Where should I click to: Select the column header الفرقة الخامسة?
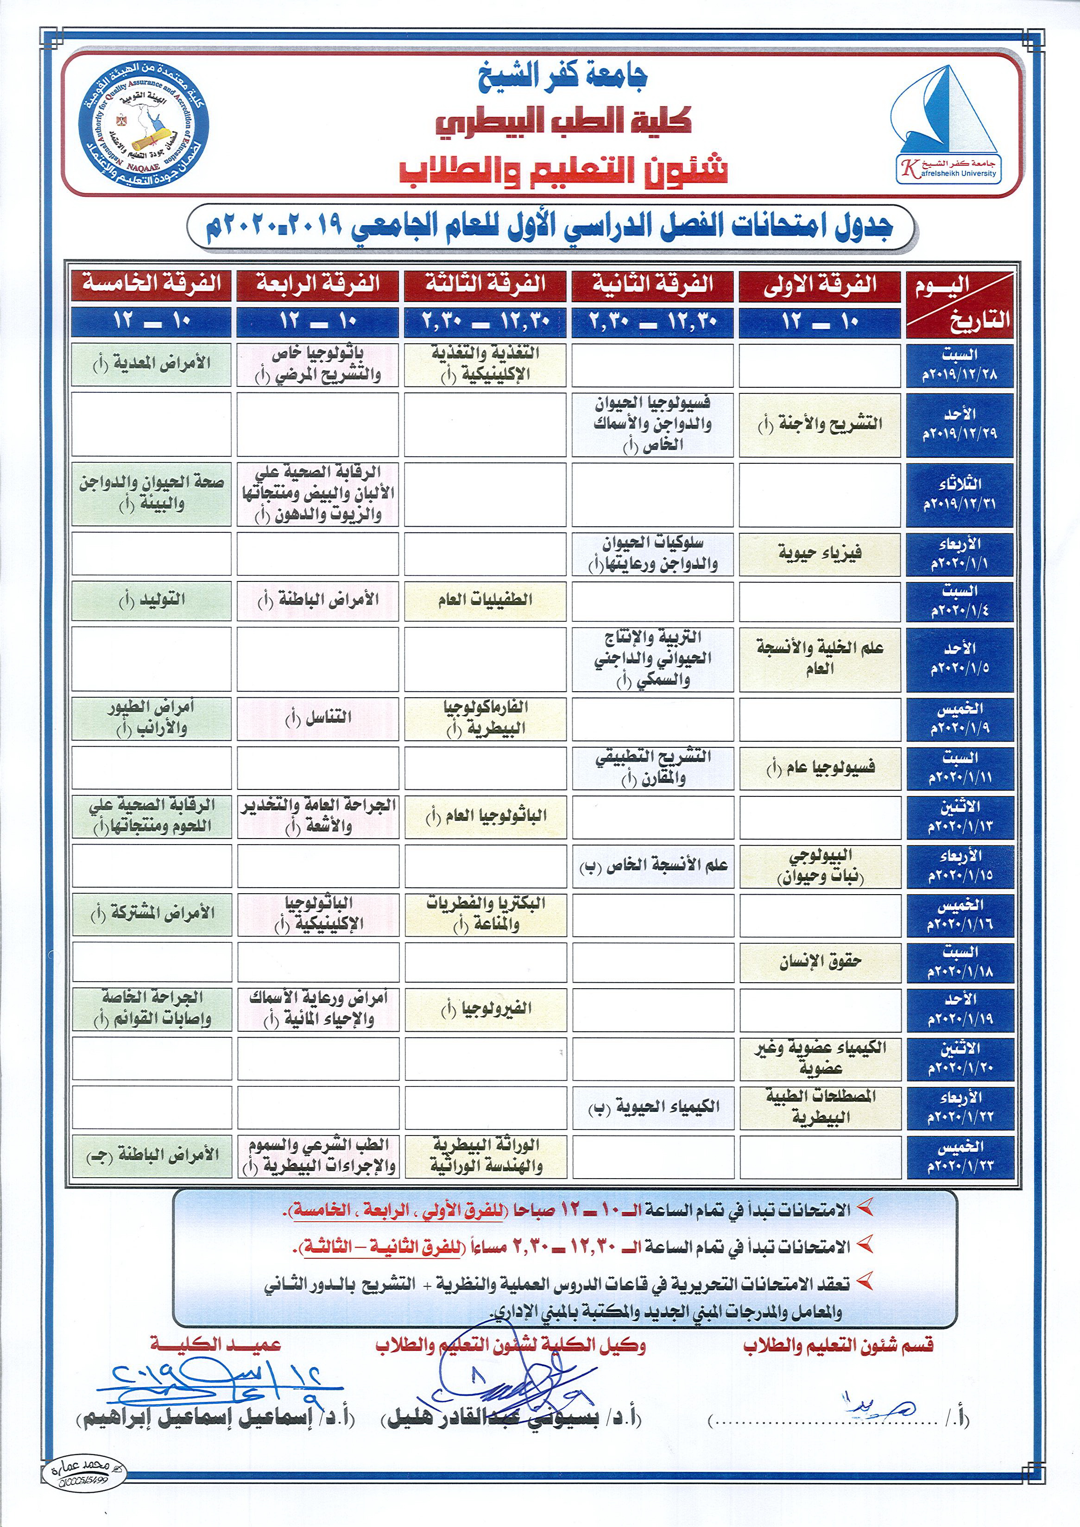coord(151,284)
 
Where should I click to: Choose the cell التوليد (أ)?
coord(151,600)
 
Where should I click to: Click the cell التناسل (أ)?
coord(318,718)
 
